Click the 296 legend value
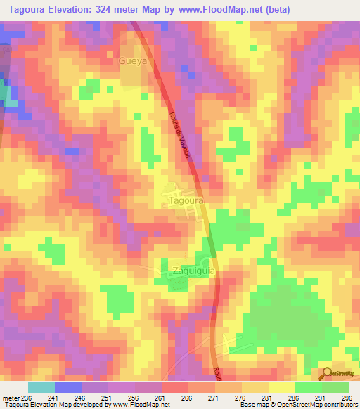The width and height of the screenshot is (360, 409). tap(346, 398)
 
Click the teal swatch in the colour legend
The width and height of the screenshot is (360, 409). tap(41, 388)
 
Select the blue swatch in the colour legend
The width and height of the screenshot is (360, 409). tap(68, 388)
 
